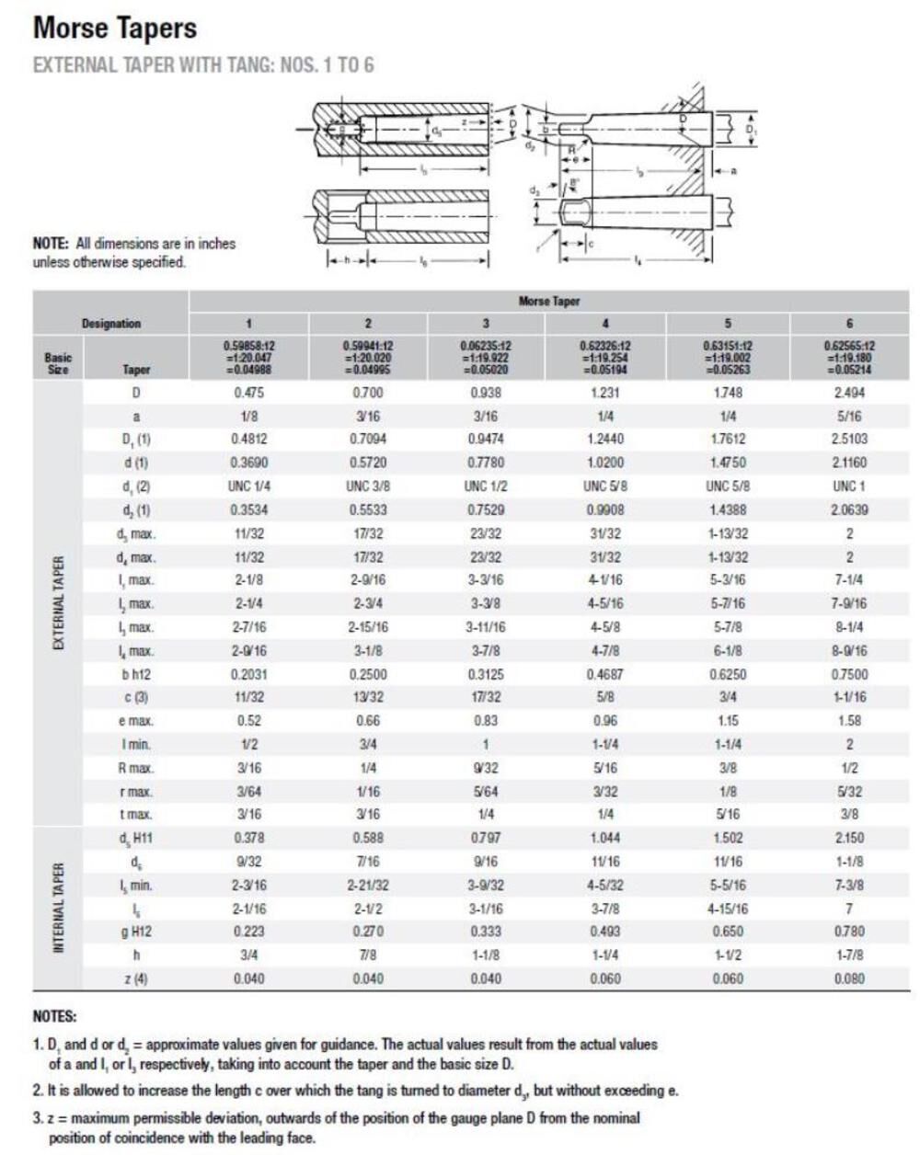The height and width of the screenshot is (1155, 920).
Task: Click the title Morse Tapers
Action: (115, 29)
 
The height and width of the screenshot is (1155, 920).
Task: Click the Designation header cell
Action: (111, 324)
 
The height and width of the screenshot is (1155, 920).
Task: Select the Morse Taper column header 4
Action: (604, 324)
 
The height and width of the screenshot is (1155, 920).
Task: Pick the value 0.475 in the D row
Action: (248, 393)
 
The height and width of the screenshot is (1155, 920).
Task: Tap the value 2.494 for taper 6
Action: (848, 393)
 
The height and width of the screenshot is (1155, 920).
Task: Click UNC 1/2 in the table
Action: (486, 486)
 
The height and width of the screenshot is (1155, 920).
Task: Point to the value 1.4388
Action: (728, 509)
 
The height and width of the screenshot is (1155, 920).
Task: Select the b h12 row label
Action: (135, 674)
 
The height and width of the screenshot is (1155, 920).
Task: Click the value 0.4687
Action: (604, 674)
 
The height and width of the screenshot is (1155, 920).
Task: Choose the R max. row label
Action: (135, 768)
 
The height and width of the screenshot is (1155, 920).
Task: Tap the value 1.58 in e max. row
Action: (848, 721)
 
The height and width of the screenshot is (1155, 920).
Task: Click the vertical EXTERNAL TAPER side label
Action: (58, 603)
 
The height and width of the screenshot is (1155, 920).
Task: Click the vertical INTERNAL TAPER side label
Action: (58, 909)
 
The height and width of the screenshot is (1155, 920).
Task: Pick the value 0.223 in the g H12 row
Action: (248, 932)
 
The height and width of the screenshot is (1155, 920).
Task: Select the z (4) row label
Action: (135, 978)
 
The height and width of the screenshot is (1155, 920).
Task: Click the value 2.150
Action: (848, 838)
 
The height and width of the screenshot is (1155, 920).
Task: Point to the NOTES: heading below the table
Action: (55, 1017)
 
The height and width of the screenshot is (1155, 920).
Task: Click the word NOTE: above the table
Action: (52, 244)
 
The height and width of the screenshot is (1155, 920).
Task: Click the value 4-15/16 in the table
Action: (728, 909)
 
